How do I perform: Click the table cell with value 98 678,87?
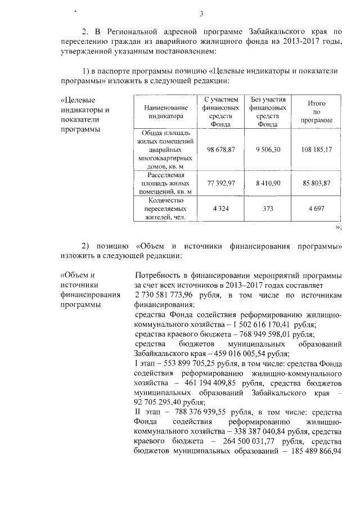point(220,148)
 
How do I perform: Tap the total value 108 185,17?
point(317,148)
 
